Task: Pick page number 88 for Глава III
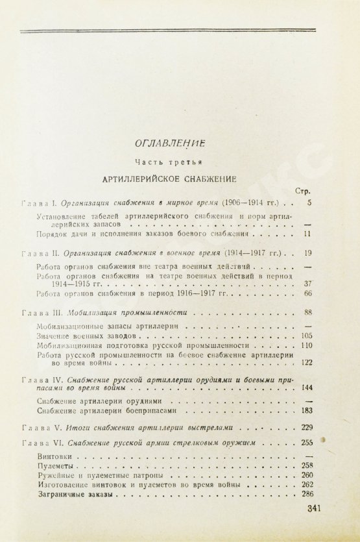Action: (308, 312)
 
